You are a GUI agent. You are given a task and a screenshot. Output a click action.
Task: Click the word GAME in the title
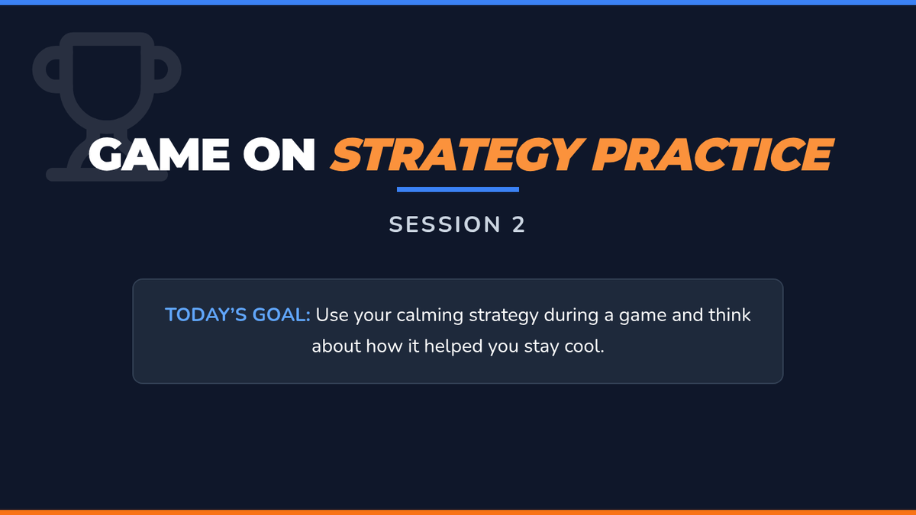tap(159, 154)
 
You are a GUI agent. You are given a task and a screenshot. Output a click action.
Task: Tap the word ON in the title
tap(279, 154)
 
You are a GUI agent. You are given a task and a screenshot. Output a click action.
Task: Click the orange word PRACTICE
tap(712, 154)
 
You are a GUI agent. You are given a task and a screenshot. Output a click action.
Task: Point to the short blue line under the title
tap(457, 189)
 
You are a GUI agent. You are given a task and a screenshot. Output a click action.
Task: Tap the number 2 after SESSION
tap(518, 224)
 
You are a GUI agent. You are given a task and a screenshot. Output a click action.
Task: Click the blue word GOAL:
tap(282, 314)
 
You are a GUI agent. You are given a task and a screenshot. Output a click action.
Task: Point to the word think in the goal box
tap(730, 314)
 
